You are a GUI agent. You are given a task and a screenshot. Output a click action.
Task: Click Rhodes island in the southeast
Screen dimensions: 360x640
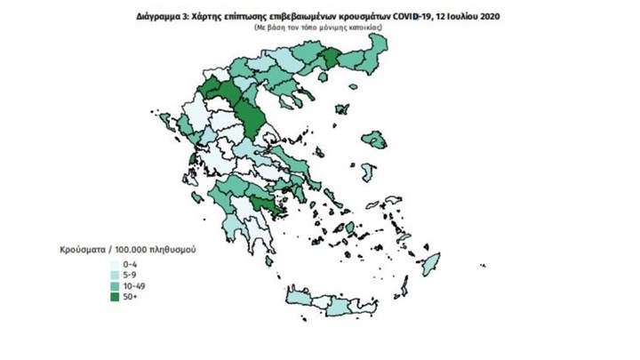click(431, 264)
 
